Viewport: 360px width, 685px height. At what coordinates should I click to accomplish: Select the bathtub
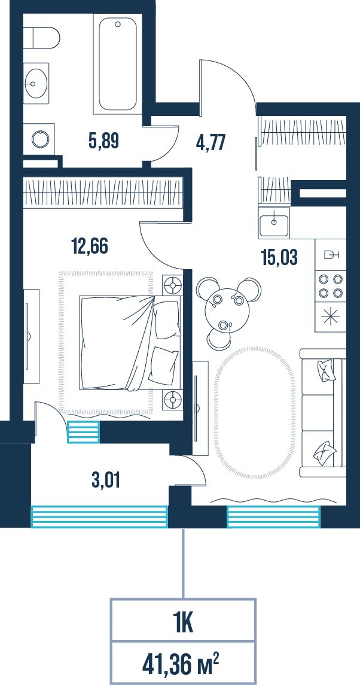click(118, 64)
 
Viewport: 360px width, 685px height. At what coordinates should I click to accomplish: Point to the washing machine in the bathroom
click(39, 139)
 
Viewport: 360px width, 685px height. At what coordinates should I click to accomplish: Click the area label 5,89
click(103, 141)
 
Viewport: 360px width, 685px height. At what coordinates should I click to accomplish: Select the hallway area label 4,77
click(210, 142)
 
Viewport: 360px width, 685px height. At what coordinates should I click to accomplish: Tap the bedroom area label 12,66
click(89, 246)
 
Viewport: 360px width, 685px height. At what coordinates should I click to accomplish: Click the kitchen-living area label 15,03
click(279, 257)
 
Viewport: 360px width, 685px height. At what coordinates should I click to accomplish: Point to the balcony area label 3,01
click(106, 480)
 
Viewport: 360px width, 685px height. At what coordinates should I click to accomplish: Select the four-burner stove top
click(331, 286)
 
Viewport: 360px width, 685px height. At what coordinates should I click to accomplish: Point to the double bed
click(130, 343)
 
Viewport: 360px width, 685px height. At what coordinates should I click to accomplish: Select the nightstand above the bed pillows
click(172, 286)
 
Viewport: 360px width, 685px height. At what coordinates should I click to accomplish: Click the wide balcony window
click(99, 516)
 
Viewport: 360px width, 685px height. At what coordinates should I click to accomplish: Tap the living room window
click(273, 516)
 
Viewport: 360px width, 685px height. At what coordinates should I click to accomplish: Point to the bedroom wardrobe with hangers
click(103, 193)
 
